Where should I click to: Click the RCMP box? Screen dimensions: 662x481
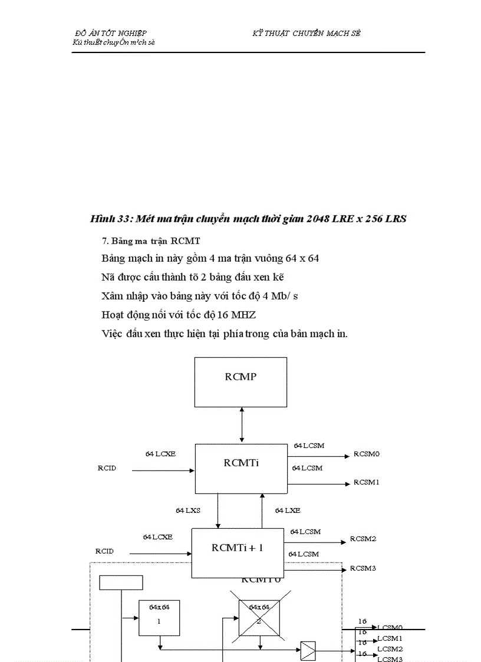240,381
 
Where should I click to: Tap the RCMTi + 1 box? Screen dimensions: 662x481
238,552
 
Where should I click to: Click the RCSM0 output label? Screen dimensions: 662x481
366,454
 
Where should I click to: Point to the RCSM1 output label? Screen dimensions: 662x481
366,482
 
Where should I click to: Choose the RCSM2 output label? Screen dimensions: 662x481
363,539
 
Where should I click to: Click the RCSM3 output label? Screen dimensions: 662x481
363,568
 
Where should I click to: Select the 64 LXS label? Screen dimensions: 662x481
188,511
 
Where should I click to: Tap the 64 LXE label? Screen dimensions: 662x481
288,511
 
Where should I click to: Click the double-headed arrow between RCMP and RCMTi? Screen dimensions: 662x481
242,424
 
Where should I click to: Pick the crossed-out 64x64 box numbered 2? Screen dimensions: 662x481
259,618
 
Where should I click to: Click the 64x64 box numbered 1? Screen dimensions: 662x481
159,617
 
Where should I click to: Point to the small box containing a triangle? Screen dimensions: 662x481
308,651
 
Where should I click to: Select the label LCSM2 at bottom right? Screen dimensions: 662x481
390,648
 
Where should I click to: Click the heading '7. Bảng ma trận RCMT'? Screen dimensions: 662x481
151,241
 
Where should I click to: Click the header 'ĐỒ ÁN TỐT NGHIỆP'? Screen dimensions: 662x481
111,34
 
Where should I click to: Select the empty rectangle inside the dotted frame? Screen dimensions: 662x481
121,582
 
